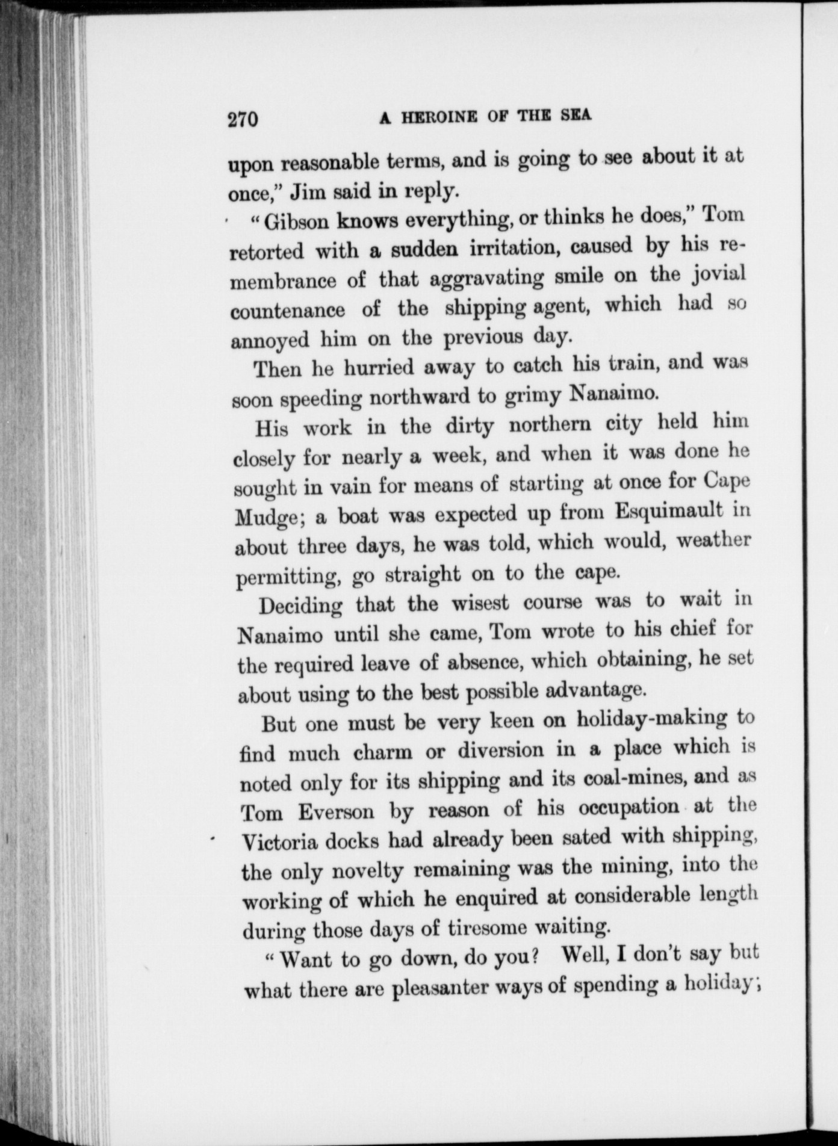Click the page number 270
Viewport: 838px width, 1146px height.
[243, 119]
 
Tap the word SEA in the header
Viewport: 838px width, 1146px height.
[576, 115]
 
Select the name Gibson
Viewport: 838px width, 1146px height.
[297, 222]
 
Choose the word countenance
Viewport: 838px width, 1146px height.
[288, 311]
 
